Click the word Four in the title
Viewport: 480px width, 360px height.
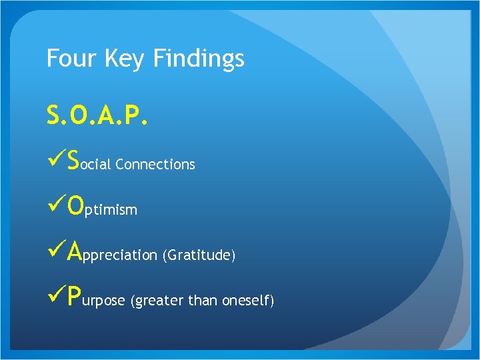click(70, 59)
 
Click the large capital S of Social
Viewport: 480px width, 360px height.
click(74, 161)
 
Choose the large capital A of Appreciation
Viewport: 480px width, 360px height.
click(75, 251)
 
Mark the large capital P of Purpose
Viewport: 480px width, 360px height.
click(75, 297)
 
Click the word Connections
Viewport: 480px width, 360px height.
click(155, 164)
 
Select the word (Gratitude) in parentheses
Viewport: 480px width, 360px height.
click(199, 255)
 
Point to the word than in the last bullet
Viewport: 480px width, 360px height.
click(201, 301)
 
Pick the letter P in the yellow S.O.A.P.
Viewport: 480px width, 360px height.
click(135, 117)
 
